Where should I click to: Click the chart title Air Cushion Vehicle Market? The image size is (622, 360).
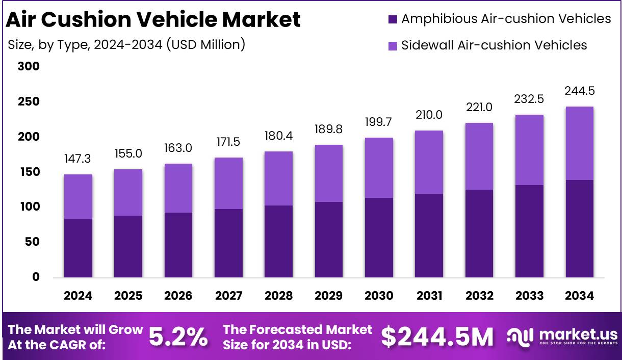click(x=153, y=20)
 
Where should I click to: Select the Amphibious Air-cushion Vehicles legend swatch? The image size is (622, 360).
click(x=392, y=19)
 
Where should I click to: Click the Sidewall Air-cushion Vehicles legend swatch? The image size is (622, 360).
click(x=392, y=45)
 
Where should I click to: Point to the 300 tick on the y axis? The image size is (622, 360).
click(x=29, y=67)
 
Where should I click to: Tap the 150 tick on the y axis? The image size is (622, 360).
click(x=29, y=172)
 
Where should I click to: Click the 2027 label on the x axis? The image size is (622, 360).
click(x=228, y=296)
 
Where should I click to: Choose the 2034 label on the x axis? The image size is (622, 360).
click(x=579, y=296)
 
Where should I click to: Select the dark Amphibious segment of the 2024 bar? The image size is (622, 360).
click(x=78, y=248)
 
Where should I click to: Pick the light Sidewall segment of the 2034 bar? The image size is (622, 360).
click(x=579, y=143)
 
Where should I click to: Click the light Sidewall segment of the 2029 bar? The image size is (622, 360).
click(x=328, y=173)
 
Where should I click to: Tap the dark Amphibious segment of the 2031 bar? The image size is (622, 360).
click(x=428, y=236)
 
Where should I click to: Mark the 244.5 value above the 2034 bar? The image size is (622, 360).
click(x=579, y=91)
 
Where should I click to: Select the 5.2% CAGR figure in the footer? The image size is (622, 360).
click(x=178, y=337)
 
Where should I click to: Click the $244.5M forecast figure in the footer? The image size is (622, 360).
click(x=437, y=337)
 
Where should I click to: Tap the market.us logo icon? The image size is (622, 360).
click(x=520, y=337)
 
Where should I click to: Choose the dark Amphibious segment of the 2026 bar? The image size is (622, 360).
click(x=178, y=245)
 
